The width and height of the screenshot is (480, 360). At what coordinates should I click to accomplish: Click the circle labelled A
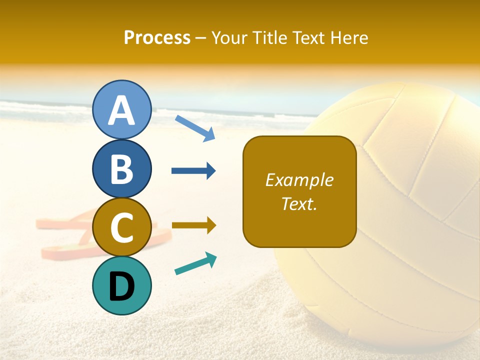tap(122, 109)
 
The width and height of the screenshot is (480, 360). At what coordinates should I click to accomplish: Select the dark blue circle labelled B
tap(122, 168)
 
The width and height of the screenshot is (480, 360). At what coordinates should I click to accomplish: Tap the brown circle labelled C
tap(122, 227)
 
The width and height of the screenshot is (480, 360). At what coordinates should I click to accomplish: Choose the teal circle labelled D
tap(122, 285)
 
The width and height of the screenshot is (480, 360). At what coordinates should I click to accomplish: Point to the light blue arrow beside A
tap(195, 127)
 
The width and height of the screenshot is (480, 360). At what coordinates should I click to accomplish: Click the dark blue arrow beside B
tap(193, 171)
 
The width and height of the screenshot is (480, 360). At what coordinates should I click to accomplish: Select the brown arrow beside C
tap(193, 225)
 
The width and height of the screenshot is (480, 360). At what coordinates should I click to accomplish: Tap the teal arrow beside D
tap(195, 263)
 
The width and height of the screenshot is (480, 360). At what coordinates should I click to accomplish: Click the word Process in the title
tap(157, 37)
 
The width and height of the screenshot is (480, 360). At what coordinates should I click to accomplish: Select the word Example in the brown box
tap(299, 180)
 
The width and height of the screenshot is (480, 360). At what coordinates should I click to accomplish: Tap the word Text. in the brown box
tap(299, 203)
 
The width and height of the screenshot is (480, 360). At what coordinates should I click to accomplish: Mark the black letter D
tap(122, 286)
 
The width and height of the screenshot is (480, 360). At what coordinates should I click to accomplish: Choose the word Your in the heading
tap(230, 37)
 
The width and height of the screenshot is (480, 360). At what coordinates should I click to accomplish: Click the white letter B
tap(122, 169)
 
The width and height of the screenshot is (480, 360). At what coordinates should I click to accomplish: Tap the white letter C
tap(122, 227)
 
